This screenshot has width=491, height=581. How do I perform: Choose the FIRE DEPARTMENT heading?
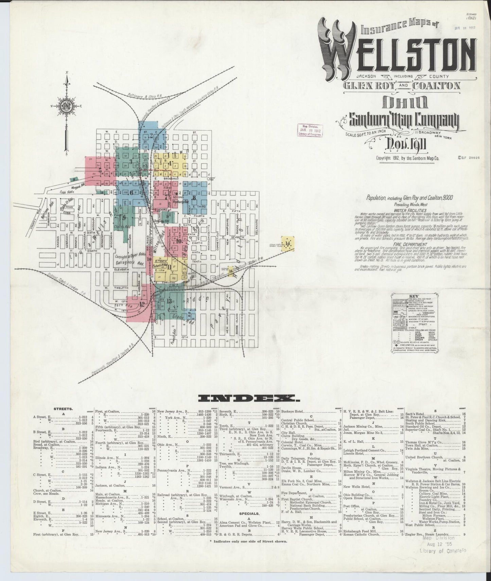pos(410,244)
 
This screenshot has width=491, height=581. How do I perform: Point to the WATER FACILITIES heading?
pos(410,211)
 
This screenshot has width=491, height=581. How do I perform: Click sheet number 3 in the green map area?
pos(131,161)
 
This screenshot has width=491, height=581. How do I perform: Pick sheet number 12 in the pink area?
pos(142,304)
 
